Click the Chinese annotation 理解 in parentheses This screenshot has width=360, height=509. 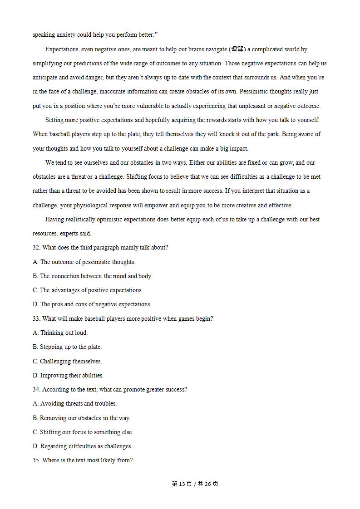(237, 49)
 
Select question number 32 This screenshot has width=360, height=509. (37, 248)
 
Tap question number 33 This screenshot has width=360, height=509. (37, 318)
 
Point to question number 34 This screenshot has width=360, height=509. (37, 389)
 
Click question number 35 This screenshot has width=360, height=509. (37, 460)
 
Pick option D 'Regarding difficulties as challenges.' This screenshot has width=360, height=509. (83, 446)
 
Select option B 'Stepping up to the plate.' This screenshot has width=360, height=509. (67, 347)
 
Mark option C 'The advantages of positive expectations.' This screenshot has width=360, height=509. (88, 290)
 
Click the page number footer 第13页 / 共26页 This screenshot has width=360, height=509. (195, 484)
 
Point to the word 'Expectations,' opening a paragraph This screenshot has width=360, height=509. (63, 49)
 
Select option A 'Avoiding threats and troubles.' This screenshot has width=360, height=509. (75, 403)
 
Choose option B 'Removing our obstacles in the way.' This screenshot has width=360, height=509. (82, 418)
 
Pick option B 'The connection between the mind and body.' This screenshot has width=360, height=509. (93, 276)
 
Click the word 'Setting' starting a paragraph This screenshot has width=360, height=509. (55, 120)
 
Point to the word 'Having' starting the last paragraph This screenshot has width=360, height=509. (54, 219)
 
